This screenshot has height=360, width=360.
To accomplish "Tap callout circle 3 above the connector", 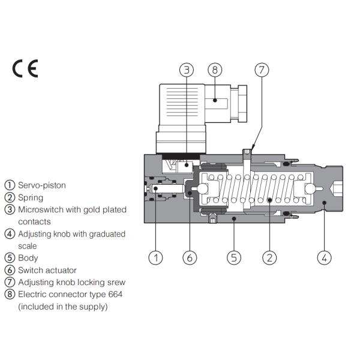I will (187, 70).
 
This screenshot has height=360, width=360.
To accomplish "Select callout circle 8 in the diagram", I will (214, 70).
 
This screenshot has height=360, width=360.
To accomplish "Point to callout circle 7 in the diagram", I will (261, 70).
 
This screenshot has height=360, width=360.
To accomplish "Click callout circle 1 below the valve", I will (155, 258).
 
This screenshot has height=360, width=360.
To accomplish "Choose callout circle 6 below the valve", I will (189, 258).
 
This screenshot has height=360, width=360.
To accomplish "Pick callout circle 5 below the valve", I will (234, 258).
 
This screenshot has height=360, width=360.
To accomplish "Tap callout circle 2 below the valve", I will (269, 258).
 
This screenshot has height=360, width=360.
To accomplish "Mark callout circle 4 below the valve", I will (324, 258).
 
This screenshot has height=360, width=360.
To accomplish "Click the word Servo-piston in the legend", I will (42, 185).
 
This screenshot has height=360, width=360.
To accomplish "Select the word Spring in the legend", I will (31, 197).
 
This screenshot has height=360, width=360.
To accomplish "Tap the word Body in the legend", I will (28, 258).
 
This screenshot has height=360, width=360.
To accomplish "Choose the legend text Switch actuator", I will (47, 270).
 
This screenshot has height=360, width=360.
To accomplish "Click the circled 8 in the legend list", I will (9, 295).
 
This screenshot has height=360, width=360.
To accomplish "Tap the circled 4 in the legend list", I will (9, 234).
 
